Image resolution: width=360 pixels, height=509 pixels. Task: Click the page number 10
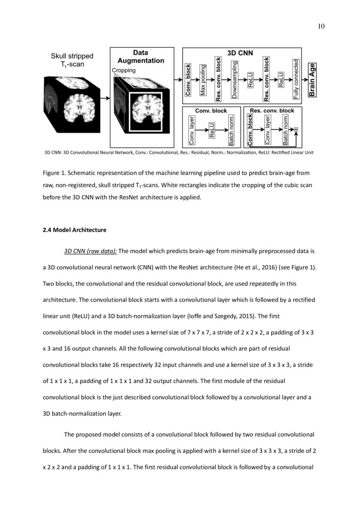tap(321, 27)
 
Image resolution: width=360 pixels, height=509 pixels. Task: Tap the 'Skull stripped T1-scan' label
tap(72, 60)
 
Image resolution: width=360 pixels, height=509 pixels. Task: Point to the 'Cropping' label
tap(124, 70)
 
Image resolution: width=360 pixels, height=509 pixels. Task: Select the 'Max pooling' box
tap(202, 80)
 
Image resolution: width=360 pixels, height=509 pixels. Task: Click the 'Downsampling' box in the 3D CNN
tap(234, 80)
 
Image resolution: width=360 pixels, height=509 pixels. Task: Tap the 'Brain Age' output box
tap(312, 80)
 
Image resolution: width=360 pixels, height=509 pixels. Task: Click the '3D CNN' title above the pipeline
tap(240, 52)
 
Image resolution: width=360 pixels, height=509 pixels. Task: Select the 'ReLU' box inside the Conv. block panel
tap(212, 130)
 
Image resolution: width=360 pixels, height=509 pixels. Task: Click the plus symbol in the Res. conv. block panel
tap(296, 129)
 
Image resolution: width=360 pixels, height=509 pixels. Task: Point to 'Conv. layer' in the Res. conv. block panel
tap(268, 130)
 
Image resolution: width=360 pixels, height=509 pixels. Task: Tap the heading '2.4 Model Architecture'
tap(74, 229)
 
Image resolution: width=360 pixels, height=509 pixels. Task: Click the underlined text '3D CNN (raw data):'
tap(91, 251)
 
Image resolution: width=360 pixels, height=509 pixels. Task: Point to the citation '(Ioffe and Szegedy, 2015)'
tap(209, 316)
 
